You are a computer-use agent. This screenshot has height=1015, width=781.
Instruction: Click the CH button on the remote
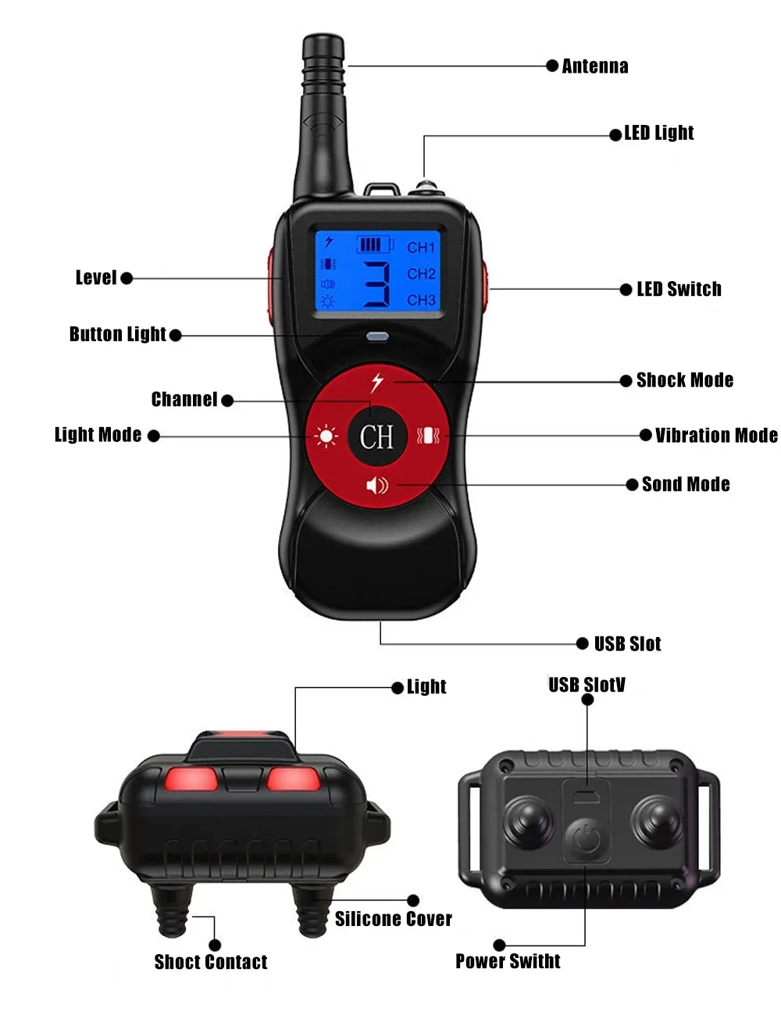pyautogui.click(x=376, y=436)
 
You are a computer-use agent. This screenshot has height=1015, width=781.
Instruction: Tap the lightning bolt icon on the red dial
pyautogui.click(x=376, y=382)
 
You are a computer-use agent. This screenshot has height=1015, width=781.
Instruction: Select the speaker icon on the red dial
pyautogui.click(x=377, y=486)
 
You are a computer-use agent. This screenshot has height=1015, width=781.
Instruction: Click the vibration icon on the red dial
pyautogui.click(x=427, y=436)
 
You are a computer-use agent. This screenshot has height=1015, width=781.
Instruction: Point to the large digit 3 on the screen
pyautogui.click(x=376, y=284)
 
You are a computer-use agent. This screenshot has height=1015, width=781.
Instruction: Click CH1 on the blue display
pyautogui.click(x=420, y=247)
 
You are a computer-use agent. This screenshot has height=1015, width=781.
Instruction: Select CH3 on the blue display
pyautogui.click(x=421, y=300)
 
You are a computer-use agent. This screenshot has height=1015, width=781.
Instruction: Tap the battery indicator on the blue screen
pyautogui.click(x=375, y=244)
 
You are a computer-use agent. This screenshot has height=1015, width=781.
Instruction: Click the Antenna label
pyautogui.click(x=594, y=66)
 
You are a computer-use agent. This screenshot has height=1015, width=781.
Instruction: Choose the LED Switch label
pyautogui.click(x=679, y=289)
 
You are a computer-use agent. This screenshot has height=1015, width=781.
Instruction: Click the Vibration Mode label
pyautogui.click(x=716, y=436)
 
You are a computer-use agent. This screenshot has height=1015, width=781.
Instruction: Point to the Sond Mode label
pyautogui.click(x=685, y=484)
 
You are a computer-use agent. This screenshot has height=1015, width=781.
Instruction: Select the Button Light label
pyautogui.click(x=118, y=334)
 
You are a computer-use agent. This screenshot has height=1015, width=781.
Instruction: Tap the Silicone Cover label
pyautogui.click(x=393, y=919)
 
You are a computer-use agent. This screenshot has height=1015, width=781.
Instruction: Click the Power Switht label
pyautogui.click(x=508, y=961)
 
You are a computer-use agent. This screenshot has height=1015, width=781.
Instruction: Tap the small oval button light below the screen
pyautogui.click(x=377, y=336)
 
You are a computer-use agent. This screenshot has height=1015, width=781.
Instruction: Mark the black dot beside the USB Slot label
pyautogui.click(x=582, y=643)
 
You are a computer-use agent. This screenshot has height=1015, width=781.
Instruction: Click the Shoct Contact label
pyautogui.click(x=211, y=962)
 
